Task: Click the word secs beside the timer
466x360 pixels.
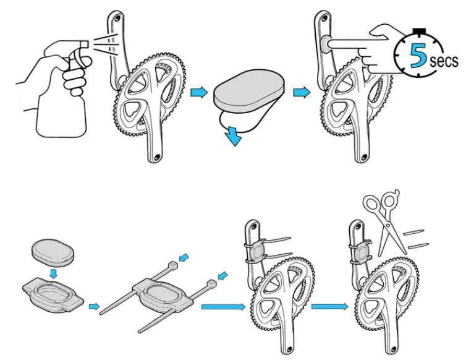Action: (x=445, y=61)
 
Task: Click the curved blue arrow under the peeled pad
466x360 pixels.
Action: (x=232, y=135)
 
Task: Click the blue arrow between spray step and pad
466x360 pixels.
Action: (x=198, y=93)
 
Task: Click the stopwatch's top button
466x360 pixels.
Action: (x=421, y=29)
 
